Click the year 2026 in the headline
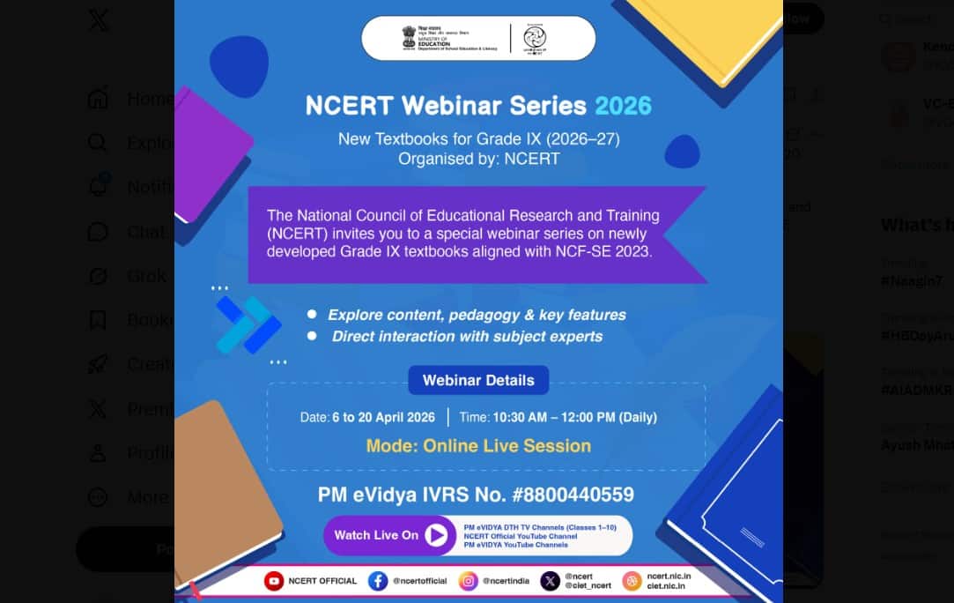point(623,106)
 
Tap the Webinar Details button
point(478,380)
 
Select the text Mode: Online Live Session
point(478,445)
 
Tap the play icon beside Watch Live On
point(436,535)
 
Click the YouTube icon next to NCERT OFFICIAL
point(274,581)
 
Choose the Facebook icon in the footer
point(378,581)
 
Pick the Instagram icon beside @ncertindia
point(469,581)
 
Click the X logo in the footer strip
point(551,581)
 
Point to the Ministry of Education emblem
point(409,37)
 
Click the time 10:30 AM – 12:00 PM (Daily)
point(574,417)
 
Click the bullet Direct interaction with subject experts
point(467,336)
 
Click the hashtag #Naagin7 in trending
point(911,281)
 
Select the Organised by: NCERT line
point(478,159)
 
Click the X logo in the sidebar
point(99,20)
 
